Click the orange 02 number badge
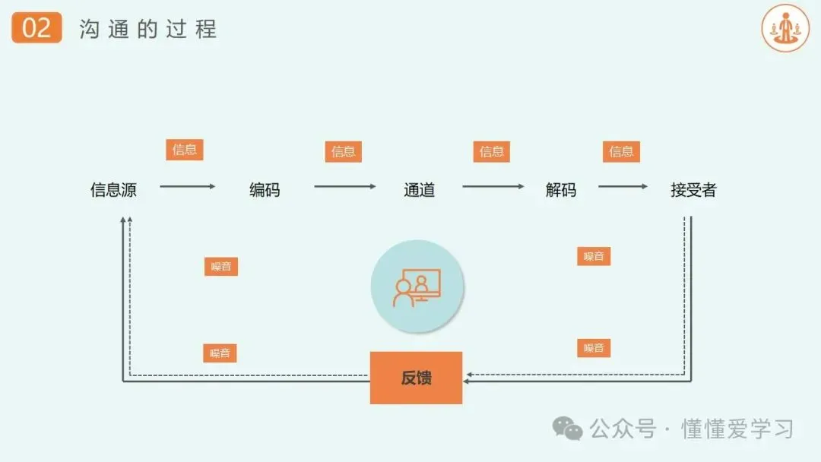pos(36,28)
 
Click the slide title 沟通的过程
pos(148,29)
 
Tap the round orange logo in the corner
pos(785,28)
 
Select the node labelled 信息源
pos(113,190)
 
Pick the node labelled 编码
pos(265,190)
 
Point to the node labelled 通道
pos(419,190)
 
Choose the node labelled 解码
pos(561,190)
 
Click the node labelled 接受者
pos(693,190)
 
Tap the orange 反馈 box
pos(416,378)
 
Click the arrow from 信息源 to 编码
pos(188,186)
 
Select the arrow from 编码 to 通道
pos(344,186)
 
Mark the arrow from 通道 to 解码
pos(493,186)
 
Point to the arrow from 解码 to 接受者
pos(623,186)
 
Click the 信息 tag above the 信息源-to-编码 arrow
pos(185,150)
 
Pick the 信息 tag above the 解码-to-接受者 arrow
pos(621,151)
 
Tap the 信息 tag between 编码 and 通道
pos(343,151)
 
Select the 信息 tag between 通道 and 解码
pos(491,151)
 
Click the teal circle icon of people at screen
pos(417,286)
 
